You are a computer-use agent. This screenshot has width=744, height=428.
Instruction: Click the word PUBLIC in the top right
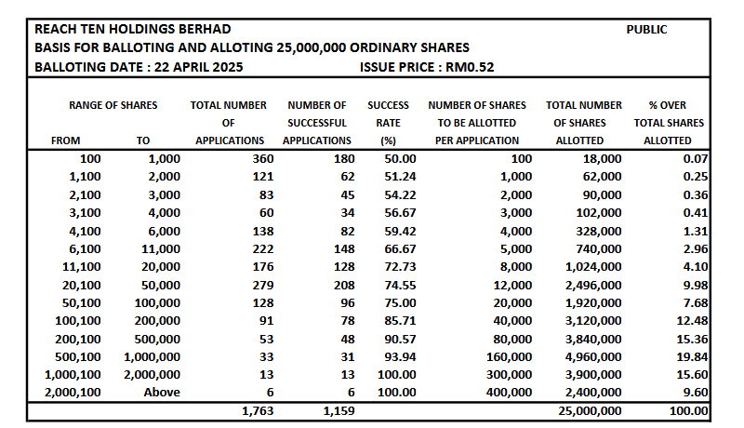click(x=646, y=30)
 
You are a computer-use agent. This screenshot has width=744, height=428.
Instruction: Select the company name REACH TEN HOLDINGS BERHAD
click(x=132, y=30)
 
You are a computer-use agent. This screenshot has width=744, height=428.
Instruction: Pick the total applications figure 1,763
click(x=258, y=410)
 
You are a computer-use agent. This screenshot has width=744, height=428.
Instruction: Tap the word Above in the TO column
click(x=161, y=393)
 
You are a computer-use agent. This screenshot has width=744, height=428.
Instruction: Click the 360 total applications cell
click(x=263, y=159)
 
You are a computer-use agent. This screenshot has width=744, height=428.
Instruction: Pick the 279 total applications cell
click(x=263, y=285)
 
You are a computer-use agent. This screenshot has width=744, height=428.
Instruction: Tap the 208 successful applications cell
click(x=343, y=285)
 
